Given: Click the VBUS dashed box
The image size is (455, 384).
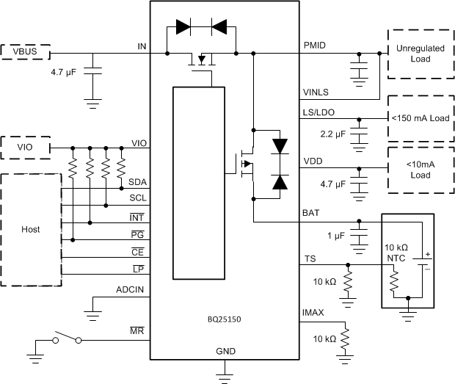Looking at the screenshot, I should click(x=26, y=53).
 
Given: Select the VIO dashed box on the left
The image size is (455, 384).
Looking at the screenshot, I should click(x=26, y=147).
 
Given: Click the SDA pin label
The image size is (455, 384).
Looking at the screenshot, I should click(x=136, y=181).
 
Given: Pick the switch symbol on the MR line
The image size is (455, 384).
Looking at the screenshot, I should click(x=65, y=339).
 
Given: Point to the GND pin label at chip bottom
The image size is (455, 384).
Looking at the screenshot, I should click(x=225, y=352).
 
